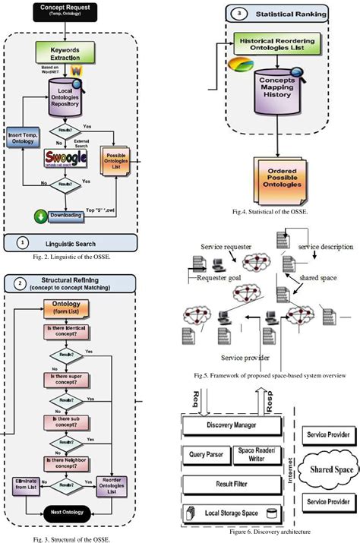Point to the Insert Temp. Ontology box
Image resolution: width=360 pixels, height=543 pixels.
pyautogui.click(x=21, y=138)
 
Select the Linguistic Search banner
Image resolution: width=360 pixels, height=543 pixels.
pyautogui.click(x=71, y=243)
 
